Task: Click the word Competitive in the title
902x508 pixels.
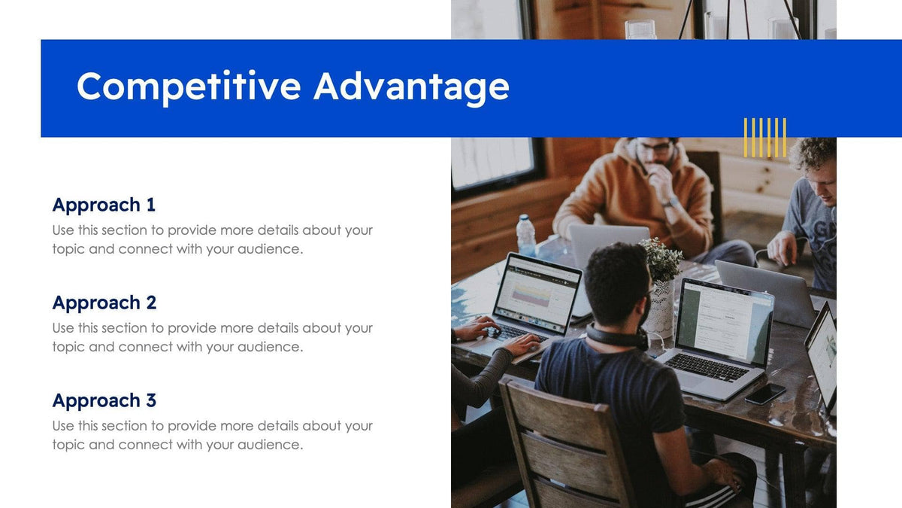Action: (x=188, y=87)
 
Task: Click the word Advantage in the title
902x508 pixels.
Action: (x=411, y=87)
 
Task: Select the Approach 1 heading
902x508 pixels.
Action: (x=104, y=205)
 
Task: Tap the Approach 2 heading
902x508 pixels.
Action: (x=104, y=303)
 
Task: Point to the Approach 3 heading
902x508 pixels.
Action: (x=104, y=400)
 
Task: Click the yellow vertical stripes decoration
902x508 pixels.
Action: (x=765, y=137)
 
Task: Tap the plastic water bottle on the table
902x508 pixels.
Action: (x=526, y=236)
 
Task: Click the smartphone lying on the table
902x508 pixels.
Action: (x=765, y=394)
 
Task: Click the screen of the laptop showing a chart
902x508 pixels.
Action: (x=537, y=291)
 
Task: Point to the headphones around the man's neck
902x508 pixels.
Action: (x=616, y=336)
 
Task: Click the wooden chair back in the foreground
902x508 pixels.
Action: (x=564, y=444)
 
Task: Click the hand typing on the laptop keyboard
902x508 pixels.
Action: (x=521, y=345)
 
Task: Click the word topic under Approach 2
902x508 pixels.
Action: (x=68, y=347)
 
